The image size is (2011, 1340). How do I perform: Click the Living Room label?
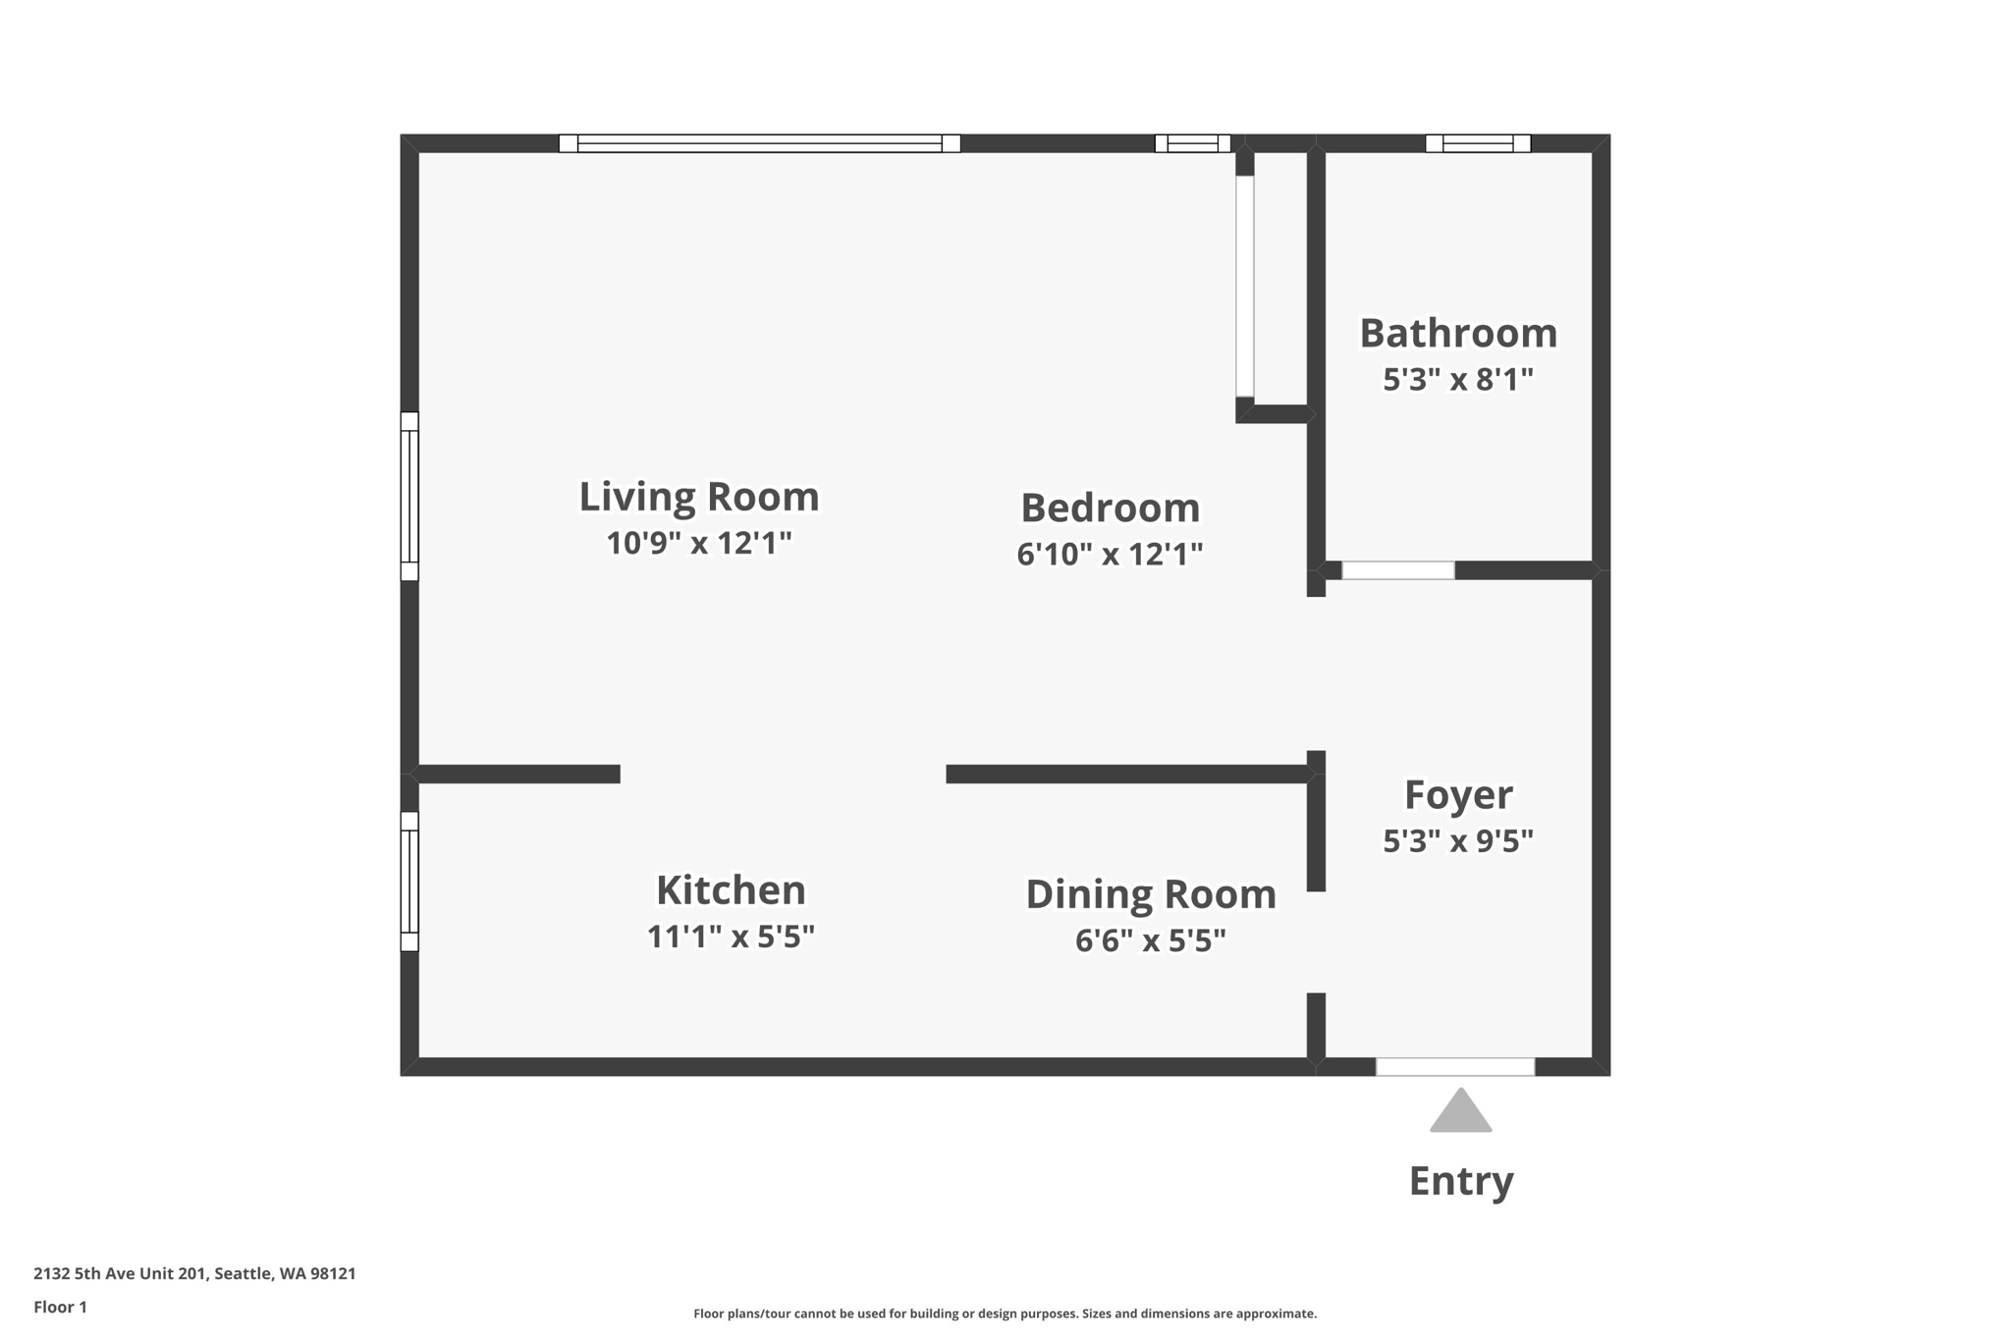coord(698,497)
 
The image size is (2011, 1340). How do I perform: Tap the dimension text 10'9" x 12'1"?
coord(698,543)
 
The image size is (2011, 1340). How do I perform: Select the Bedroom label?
coord(1110,509)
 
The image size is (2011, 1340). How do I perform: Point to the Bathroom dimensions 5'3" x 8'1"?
coord(1457,379)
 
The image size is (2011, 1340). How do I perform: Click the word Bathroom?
coord(1457,334)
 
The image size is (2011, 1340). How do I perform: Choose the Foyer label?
coord(1457,795)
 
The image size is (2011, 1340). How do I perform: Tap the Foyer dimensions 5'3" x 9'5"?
coord(1457,841)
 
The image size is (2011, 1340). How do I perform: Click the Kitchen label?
coord(731,890)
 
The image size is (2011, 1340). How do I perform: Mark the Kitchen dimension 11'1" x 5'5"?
coord(731,937)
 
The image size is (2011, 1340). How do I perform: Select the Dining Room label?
coord(1150,894)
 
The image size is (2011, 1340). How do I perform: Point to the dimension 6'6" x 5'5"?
coord(1150,940)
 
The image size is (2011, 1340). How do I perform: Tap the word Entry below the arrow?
coord(1460,1180)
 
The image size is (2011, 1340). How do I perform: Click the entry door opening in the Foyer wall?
coord(1454,1067)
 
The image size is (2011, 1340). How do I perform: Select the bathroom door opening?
coord(1397,570)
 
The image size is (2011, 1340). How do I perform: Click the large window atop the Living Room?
coord(759,143)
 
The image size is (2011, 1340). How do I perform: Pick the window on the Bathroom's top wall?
coord(1478,143)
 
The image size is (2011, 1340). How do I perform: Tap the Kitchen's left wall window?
coord(409,882)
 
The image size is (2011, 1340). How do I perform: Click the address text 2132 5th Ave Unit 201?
coord(121,1273)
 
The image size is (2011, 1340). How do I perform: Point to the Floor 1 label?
coord(60,1307)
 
